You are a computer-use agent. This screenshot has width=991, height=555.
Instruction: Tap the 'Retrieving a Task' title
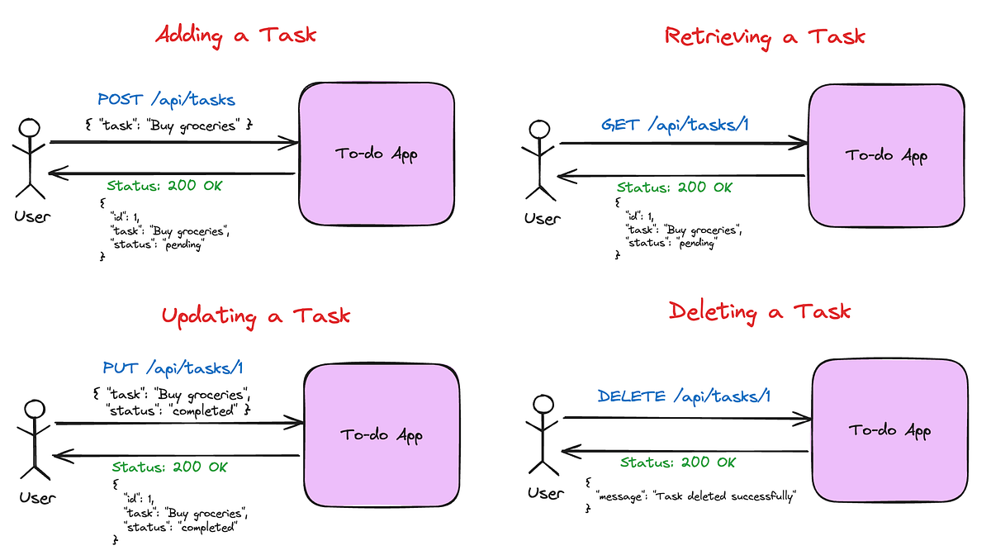[765, 36]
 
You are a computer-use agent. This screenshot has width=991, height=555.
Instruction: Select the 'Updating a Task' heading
[255, 315]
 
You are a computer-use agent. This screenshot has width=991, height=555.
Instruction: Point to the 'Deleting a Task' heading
[759, 311]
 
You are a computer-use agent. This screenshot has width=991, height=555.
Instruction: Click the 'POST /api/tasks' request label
[166, 100]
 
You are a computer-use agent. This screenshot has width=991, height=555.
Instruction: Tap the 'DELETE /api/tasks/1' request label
[685, 396]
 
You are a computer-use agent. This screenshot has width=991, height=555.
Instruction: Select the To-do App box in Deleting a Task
[889, 431]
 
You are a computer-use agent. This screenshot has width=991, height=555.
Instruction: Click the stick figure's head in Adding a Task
[30, 128]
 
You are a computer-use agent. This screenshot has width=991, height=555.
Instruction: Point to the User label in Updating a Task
[38, 497]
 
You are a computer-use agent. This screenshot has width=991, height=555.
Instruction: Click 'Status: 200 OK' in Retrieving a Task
[674, 187]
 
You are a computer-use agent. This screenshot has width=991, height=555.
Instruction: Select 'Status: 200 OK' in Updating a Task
[169, 467]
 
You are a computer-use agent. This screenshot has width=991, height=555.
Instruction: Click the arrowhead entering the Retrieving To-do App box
[799, 144]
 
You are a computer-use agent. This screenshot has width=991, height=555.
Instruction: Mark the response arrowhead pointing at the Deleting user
[567, 452]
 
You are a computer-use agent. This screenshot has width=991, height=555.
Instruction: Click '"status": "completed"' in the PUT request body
[178, 410]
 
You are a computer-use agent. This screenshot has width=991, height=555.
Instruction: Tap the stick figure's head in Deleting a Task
[542, 405]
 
